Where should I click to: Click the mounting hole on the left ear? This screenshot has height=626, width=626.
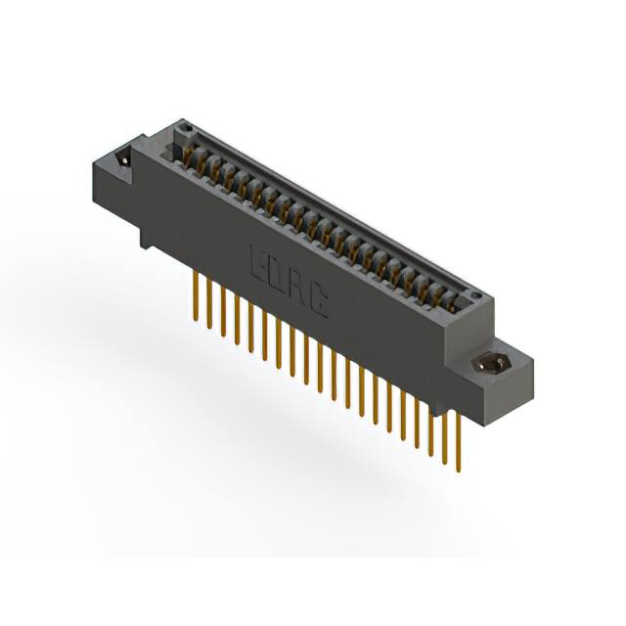click(x=123, y=161)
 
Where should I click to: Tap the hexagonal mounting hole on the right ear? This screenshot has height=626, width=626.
click(x=489, y=364)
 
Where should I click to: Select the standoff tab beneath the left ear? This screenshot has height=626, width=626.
click(x=145, y=236)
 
